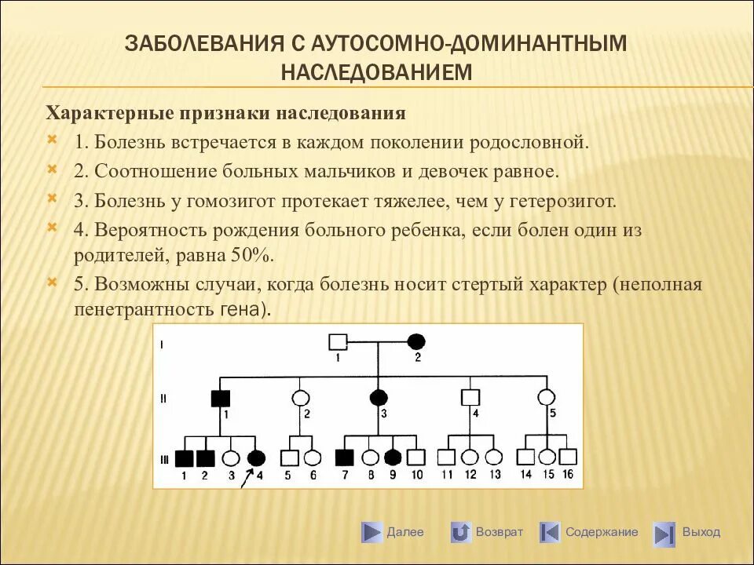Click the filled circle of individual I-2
point(416,342)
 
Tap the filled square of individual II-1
point(219,397)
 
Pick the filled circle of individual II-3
point(379,397)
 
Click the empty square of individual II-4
point(470,397)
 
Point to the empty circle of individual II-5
point(545,397)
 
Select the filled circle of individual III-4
point(255,458)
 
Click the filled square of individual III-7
point(344,458)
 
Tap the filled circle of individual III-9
point(392,458)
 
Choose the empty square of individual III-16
point(569,457)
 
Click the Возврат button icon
point(461,533)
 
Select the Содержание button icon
point(550,533)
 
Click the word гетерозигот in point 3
point(563,200)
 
